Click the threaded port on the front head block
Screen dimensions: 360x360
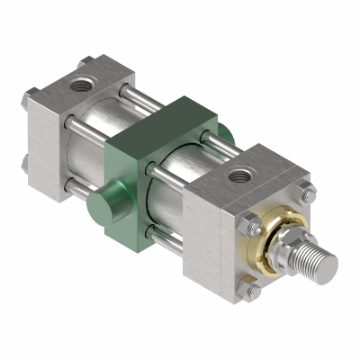[241, 173]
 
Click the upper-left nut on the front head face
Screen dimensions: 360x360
[247, 221]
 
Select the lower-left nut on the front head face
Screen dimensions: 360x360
[253, 290]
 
